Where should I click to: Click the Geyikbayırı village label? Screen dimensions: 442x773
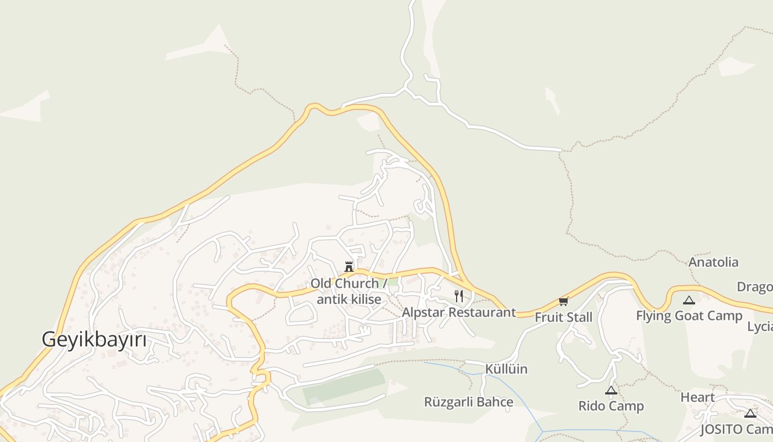[x=94, y=339]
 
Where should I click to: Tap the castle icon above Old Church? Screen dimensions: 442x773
[x=349, y=267]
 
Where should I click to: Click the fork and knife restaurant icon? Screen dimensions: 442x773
[x=459, y=296]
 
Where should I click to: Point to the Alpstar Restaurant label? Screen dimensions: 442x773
[x=459, y=312]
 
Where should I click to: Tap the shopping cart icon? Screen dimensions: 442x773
[x=563, y=301]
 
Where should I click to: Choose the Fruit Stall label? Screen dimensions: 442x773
[x=563, y=317]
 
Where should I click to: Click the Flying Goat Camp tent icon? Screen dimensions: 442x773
[x=689, y=301]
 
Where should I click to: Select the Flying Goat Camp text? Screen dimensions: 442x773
[x=689, y=316]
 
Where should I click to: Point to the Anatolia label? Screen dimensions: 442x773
[x=713, y=262]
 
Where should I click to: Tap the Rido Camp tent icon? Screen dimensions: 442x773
[x=611, y=391]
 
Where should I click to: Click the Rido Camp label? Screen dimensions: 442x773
[x=611, y=406]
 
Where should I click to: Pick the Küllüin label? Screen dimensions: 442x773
[x=506, y=369]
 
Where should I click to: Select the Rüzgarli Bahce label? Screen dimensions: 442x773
[x=468, y=402]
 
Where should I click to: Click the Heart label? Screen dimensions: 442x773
[x=697, y=397]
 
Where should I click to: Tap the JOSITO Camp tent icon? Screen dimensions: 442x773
[x=750, y=413]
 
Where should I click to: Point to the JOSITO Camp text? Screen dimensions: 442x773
[x=736, y=429]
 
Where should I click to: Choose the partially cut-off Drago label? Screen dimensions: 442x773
[x=755, y=287]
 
